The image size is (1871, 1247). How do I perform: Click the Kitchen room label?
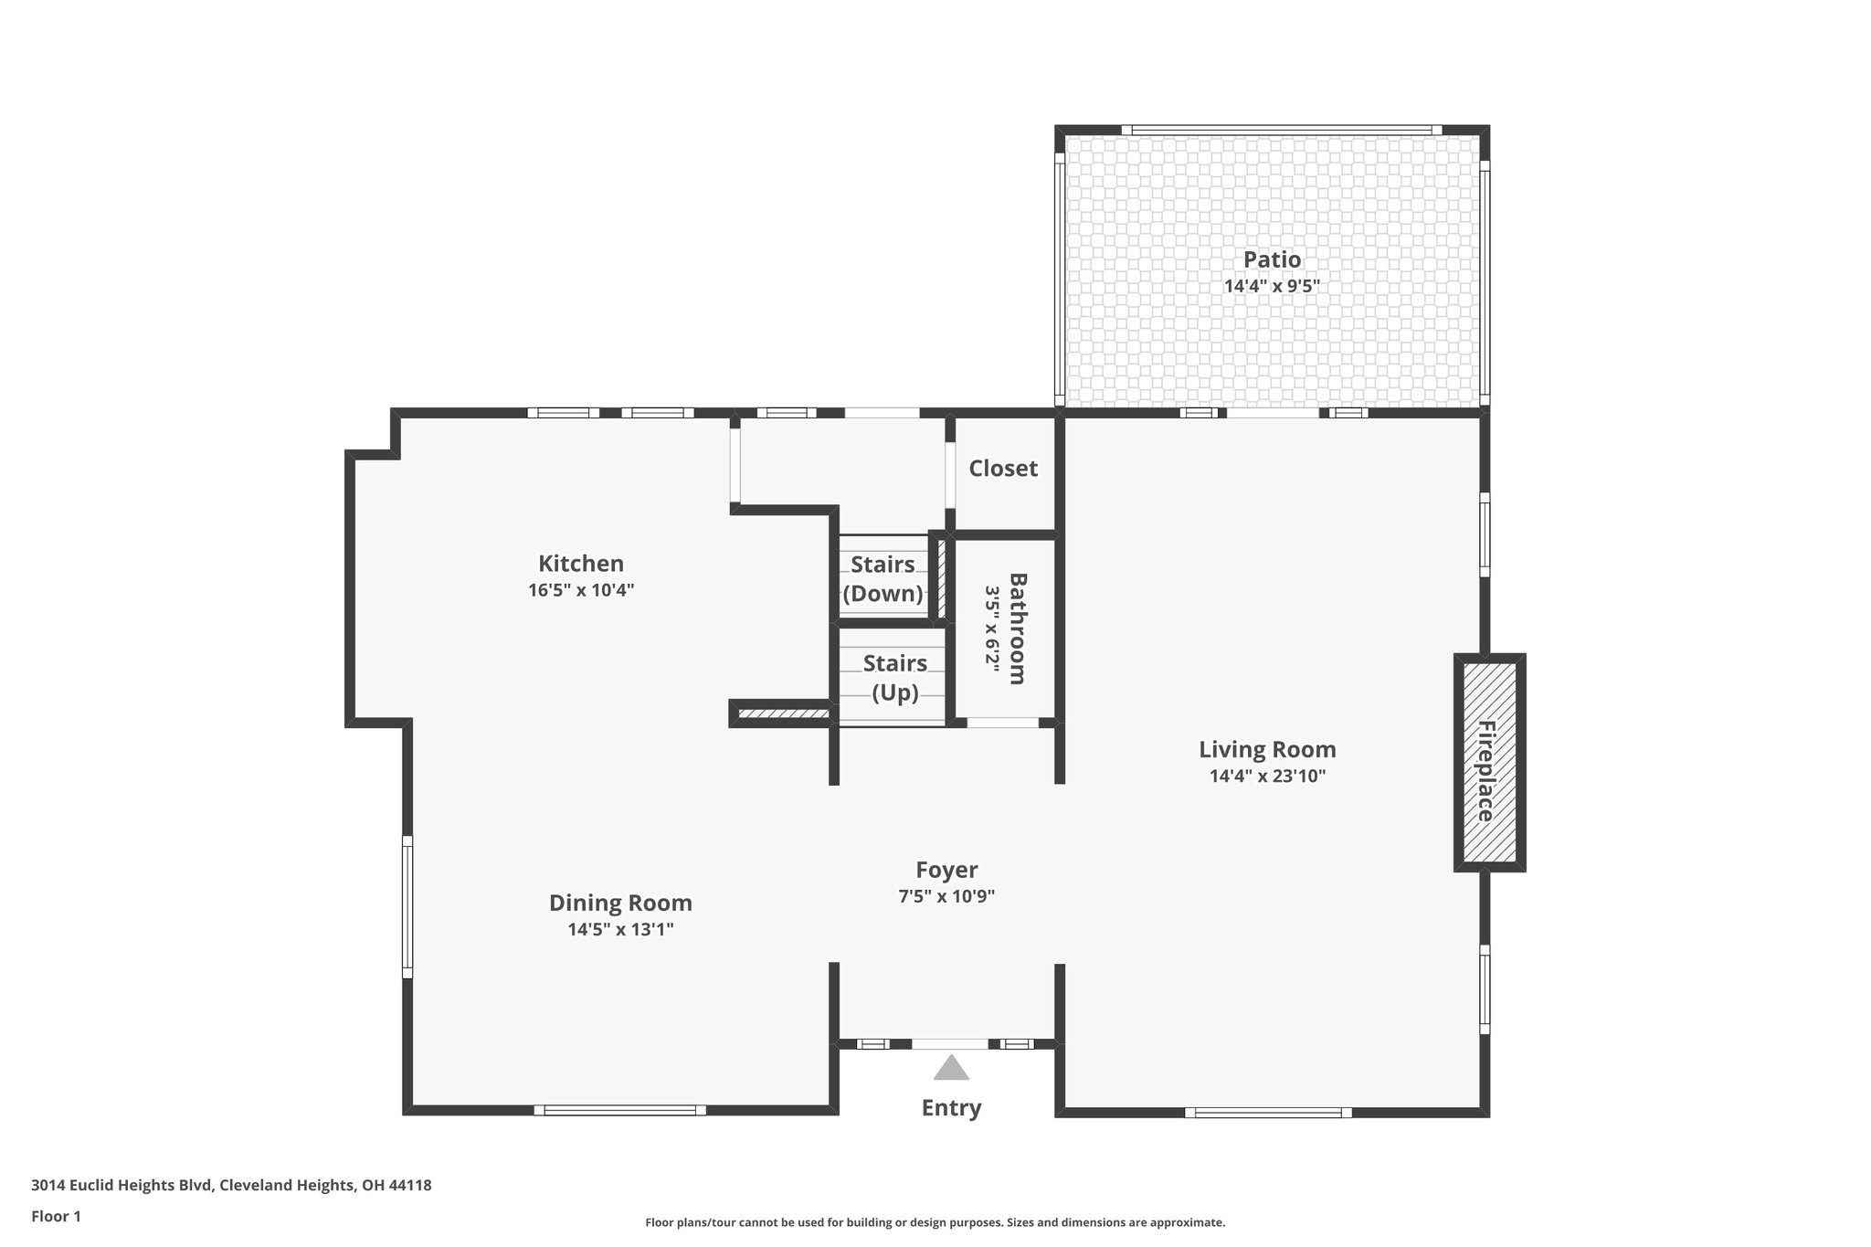click(x=580, y=564)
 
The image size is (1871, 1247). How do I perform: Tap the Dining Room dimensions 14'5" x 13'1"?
click(x=620, y=930)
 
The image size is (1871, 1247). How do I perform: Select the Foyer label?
click(x=946, y=870)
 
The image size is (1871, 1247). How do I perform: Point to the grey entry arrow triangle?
click(x=951, y=1069)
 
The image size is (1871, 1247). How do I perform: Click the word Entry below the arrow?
click(x=951, y=1108)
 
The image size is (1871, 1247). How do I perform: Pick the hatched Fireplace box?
click(x=1489, y=762)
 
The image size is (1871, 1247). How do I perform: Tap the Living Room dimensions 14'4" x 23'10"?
click(x=1267, y=777)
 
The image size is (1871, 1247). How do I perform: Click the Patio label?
click(x=1272, y=259)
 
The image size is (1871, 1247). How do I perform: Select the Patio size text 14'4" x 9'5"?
click(x=1272, y=286)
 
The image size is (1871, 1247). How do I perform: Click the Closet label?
click(x=1003, y=469)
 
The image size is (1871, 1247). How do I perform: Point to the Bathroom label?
click(x=1017, y=629)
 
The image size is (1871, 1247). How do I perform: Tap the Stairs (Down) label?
click(x=883, y=579)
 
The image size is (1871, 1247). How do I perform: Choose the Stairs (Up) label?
click(x=894, y=677)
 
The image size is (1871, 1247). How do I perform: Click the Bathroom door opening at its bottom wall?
click(x=1002, y=723)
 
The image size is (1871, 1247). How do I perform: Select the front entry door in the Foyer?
click(x=950, y=1043)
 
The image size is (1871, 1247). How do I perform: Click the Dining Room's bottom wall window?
click(x=620, y=1110)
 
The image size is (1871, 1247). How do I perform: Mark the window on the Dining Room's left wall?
click(x=407, y=906)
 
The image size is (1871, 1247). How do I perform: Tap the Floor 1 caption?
click(x=57, y=1217)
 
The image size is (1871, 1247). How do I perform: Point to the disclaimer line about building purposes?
click(x=935, y=1222)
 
